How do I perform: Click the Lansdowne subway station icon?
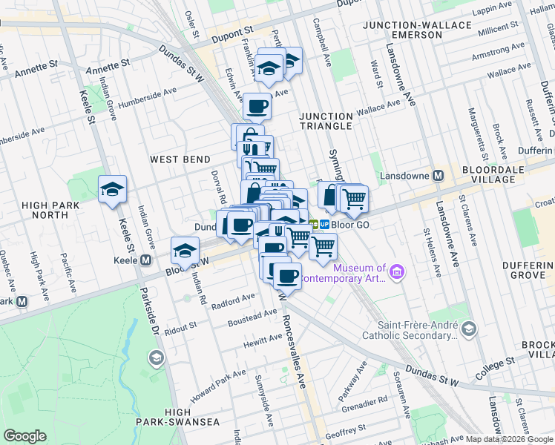[x=439, y=176]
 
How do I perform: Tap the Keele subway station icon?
[x=146, y=260]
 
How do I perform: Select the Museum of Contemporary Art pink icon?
[x=398, y=273]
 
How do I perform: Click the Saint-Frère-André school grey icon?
[x=468, y=328]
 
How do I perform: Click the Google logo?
[x=24, y=436]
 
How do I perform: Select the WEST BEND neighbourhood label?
[x=180, y=159]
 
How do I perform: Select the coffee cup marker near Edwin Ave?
[x=257, y=106]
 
